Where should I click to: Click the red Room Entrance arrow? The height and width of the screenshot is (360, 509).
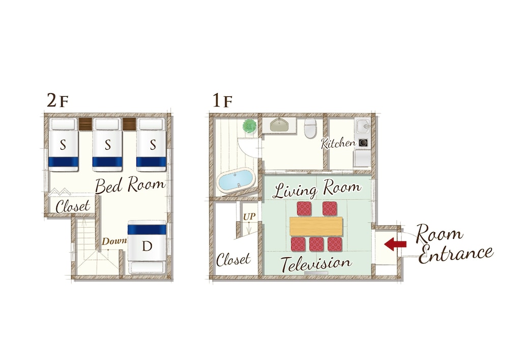tap(395, 244)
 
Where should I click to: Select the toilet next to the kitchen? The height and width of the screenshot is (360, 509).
tap(310, 128)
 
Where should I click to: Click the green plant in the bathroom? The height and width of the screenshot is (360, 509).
tap(249, 126)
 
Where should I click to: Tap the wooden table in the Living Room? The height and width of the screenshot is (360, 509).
tap(316, 226)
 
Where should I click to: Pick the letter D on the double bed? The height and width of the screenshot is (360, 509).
tap(147, 246)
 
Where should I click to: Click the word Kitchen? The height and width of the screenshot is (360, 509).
tap(338, 144)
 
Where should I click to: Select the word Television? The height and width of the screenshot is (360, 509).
tap(316, 263)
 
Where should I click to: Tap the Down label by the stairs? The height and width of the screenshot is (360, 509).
tap(114, 241)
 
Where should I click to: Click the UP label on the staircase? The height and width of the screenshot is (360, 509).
tap(249, 216)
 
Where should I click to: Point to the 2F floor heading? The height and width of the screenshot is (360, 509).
tap(58, 101)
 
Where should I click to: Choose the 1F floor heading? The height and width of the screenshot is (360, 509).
tap(222, 101)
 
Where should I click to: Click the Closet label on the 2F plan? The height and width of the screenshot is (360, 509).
tap(73, 206)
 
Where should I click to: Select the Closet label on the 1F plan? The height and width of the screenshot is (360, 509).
tap(234, 259)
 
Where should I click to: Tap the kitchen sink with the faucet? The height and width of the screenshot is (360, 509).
tap(362, 125)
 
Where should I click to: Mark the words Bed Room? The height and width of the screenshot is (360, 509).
tap(130, 185)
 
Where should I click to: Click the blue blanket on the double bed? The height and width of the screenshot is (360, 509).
tap(147, 229)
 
